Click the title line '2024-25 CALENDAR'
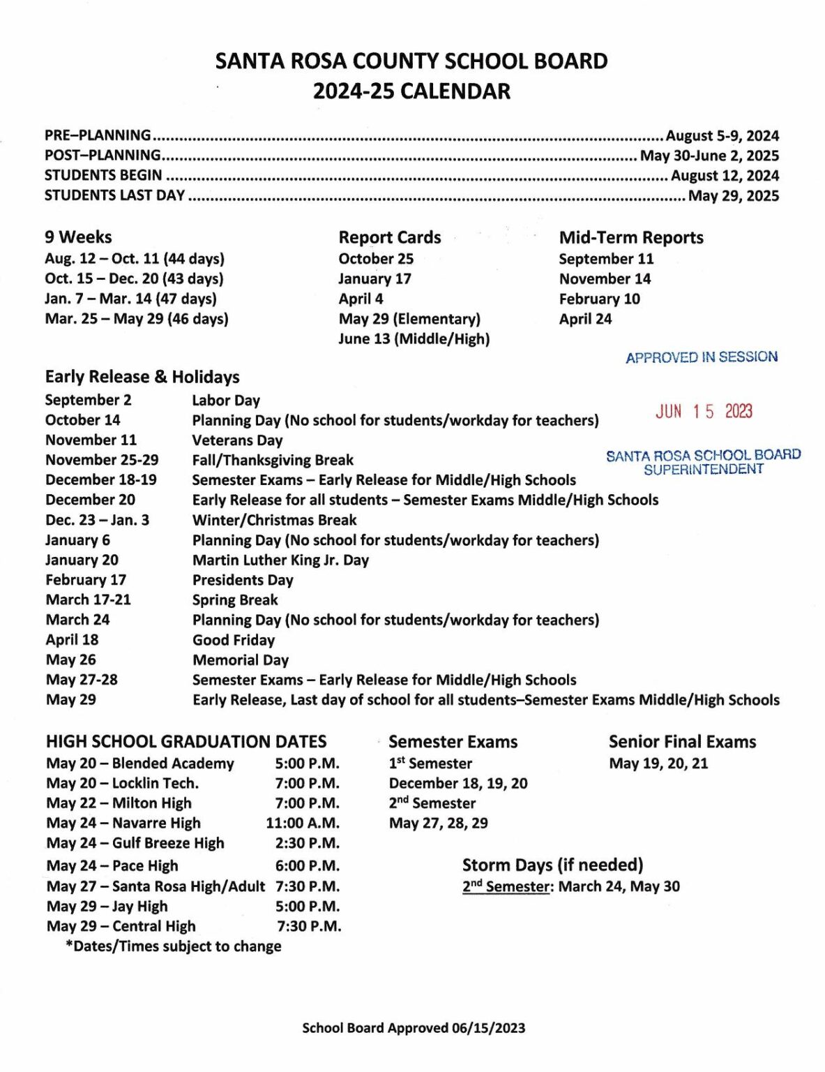[411, 91]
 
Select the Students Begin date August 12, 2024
[725, 176]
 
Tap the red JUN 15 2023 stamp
[703, 412]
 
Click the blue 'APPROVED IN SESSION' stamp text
[702, 357]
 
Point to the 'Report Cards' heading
[389, 238]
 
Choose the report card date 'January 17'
[374, 279]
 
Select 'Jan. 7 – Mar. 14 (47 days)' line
[130, 299]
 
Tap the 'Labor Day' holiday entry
[226, 401]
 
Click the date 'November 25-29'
[102, 461]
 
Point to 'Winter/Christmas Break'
[274, 521]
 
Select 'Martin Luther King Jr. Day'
[280, 560]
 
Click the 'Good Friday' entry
[234, 641]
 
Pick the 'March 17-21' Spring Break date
[88, 600]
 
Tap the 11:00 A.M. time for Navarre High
[303, 824]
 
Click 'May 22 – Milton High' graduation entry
[119, 804]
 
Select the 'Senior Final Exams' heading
[682, 743]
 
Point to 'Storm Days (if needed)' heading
[552, 865]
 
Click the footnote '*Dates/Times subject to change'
[174, 947]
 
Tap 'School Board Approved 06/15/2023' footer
[414, 1028]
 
